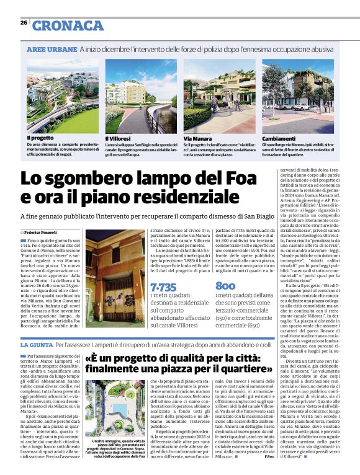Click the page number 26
(x=23, y=22)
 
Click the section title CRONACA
(x=68, y=25)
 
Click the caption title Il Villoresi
(x=117, y=138)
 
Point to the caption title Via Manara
(x=197, y=138)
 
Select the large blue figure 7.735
(x=163, y=288)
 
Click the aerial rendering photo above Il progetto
(x=62, y=96)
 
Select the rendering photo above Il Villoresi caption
(x=141, y=96)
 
